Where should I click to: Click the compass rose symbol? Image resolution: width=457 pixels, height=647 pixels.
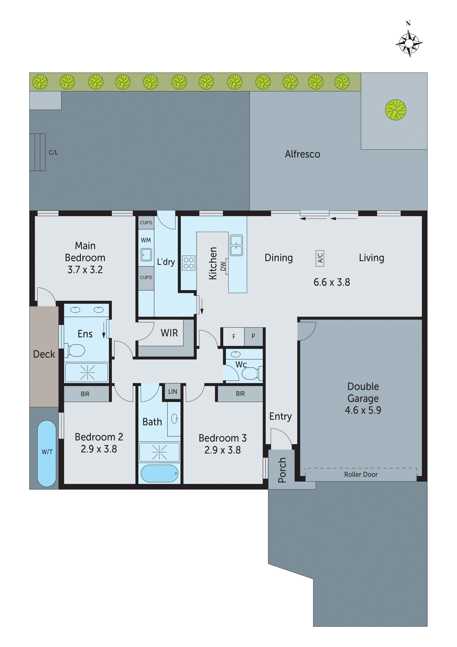click(x=409, y=43)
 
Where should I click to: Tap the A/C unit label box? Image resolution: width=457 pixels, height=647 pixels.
click(x=320, y=258)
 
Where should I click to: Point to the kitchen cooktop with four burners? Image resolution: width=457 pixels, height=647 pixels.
click(x=188, y=263)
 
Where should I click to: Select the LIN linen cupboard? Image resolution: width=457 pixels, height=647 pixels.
click(x=173, y=391)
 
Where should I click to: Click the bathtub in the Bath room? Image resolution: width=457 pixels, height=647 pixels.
click(x=159, y=473)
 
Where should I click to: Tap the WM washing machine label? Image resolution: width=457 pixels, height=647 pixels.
click(x=146, y=240)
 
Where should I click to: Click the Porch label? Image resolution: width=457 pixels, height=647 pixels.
click(x=282, y=470)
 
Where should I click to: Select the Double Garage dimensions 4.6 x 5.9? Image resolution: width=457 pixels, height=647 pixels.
click(x=363, y=410)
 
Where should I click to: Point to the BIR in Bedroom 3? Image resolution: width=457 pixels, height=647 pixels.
click(x=240, y=394)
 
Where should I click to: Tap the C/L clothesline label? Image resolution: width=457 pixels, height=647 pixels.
click(x=53, y=153)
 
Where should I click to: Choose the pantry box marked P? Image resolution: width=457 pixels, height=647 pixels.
click(x=253, y=336)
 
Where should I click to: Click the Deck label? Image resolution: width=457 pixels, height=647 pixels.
click(x=44, y=354)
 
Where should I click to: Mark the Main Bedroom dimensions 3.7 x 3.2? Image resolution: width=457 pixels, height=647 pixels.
click(x=85, y=270)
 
